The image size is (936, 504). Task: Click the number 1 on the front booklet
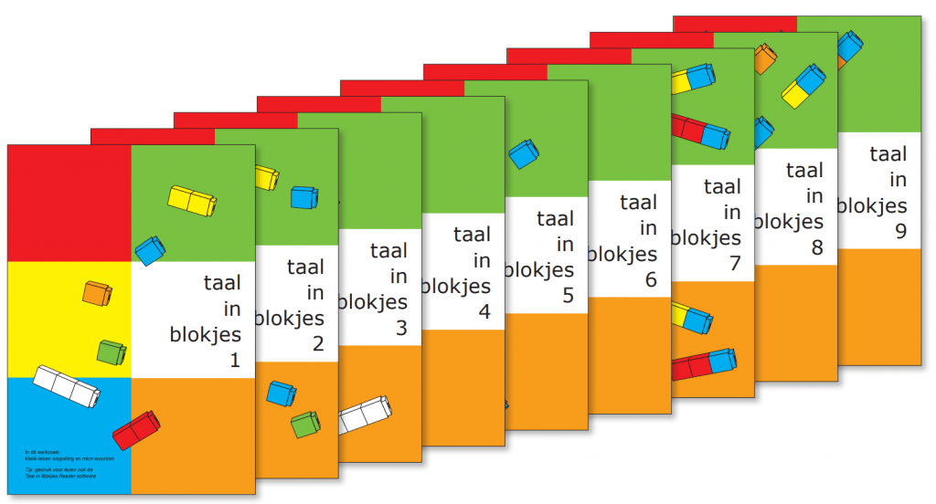[234, 362]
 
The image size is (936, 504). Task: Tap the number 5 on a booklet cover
[568, 296]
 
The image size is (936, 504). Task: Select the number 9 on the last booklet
[900, 232]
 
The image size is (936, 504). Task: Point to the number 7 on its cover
[734, 264]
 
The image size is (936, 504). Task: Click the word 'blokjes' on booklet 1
[206, 334]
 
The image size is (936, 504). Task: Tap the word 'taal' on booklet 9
[888, 154]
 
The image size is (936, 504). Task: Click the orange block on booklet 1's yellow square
[97, 293]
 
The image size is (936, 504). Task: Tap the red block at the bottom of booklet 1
[135, 430]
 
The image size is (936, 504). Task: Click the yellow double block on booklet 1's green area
[192, 198]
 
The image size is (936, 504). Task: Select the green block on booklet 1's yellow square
[112, 351]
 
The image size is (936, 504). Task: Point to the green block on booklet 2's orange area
[305, 424]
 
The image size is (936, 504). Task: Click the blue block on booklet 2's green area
[304, 196]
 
